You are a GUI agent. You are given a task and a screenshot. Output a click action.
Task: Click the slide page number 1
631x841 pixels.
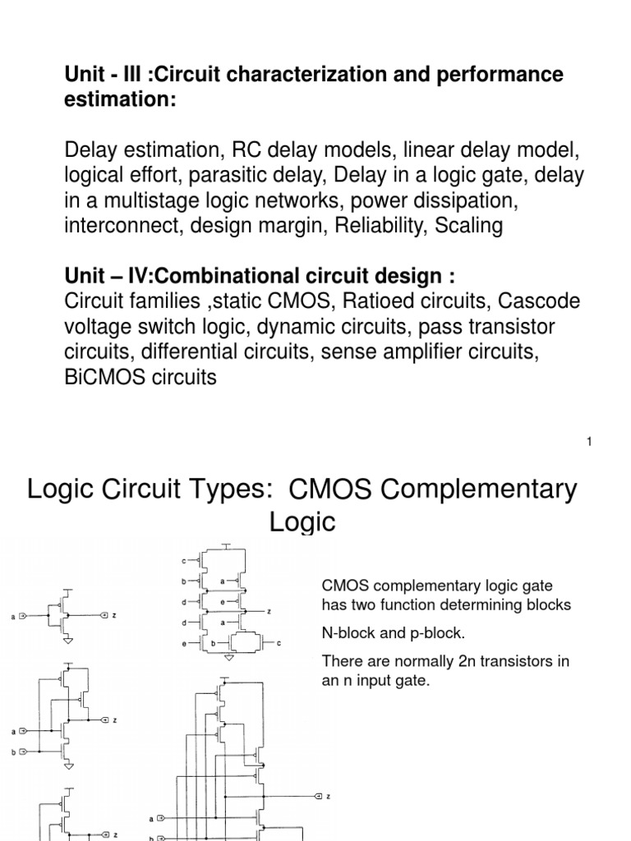[589, 442]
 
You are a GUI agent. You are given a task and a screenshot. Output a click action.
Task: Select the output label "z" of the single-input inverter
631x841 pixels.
[113, 614]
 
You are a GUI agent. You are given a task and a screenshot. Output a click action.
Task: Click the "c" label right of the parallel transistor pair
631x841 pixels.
[279, 644]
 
